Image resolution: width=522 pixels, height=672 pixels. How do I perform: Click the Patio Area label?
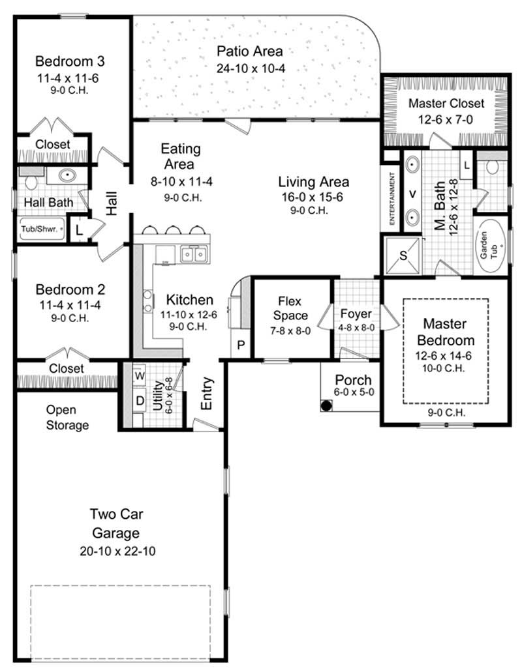[x=250, y=51]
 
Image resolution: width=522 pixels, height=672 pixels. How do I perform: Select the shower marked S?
[x=403, y=256]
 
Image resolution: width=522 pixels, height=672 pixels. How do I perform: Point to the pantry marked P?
[x=240, y=345]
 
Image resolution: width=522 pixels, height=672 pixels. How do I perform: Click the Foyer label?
[x=356, y=313]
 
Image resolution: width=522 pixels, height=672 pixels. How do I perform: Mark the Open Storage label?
[x=67, y=418]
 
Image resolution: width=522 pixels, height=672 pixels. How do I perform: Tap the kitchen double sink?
[x=194, y=254]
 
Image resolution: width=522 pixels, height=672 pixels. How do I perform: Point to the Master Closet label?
[x=446, y=103]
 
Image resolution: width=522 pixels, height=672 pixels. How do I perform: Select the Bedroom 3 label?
[x=70, y=62]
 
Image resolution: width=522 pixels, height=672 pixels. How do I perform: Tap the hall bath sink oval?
[x=67, y=175]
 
